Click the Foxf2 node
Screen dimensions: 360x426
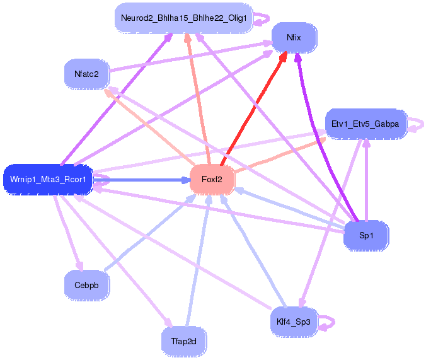pyautogui.click(x=212, y=180)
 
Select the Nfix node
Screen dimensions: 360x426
pyautogui.click(x=294, y=38)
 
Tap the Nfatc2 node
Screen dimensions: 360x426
pyautogui.click(x=86, y=74)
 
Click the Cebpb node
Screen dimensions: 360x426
pyautogui.click(x=86, y=285)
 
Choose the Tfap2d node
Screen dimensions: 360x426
pyautogui.click(x=183, y=342)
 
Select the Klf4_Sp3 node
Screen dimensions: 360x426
pyautogui.click(x=293, y=322)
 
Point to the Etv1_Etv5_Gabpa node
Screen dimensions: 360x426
pyautogui.click(x=365, y=124)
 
